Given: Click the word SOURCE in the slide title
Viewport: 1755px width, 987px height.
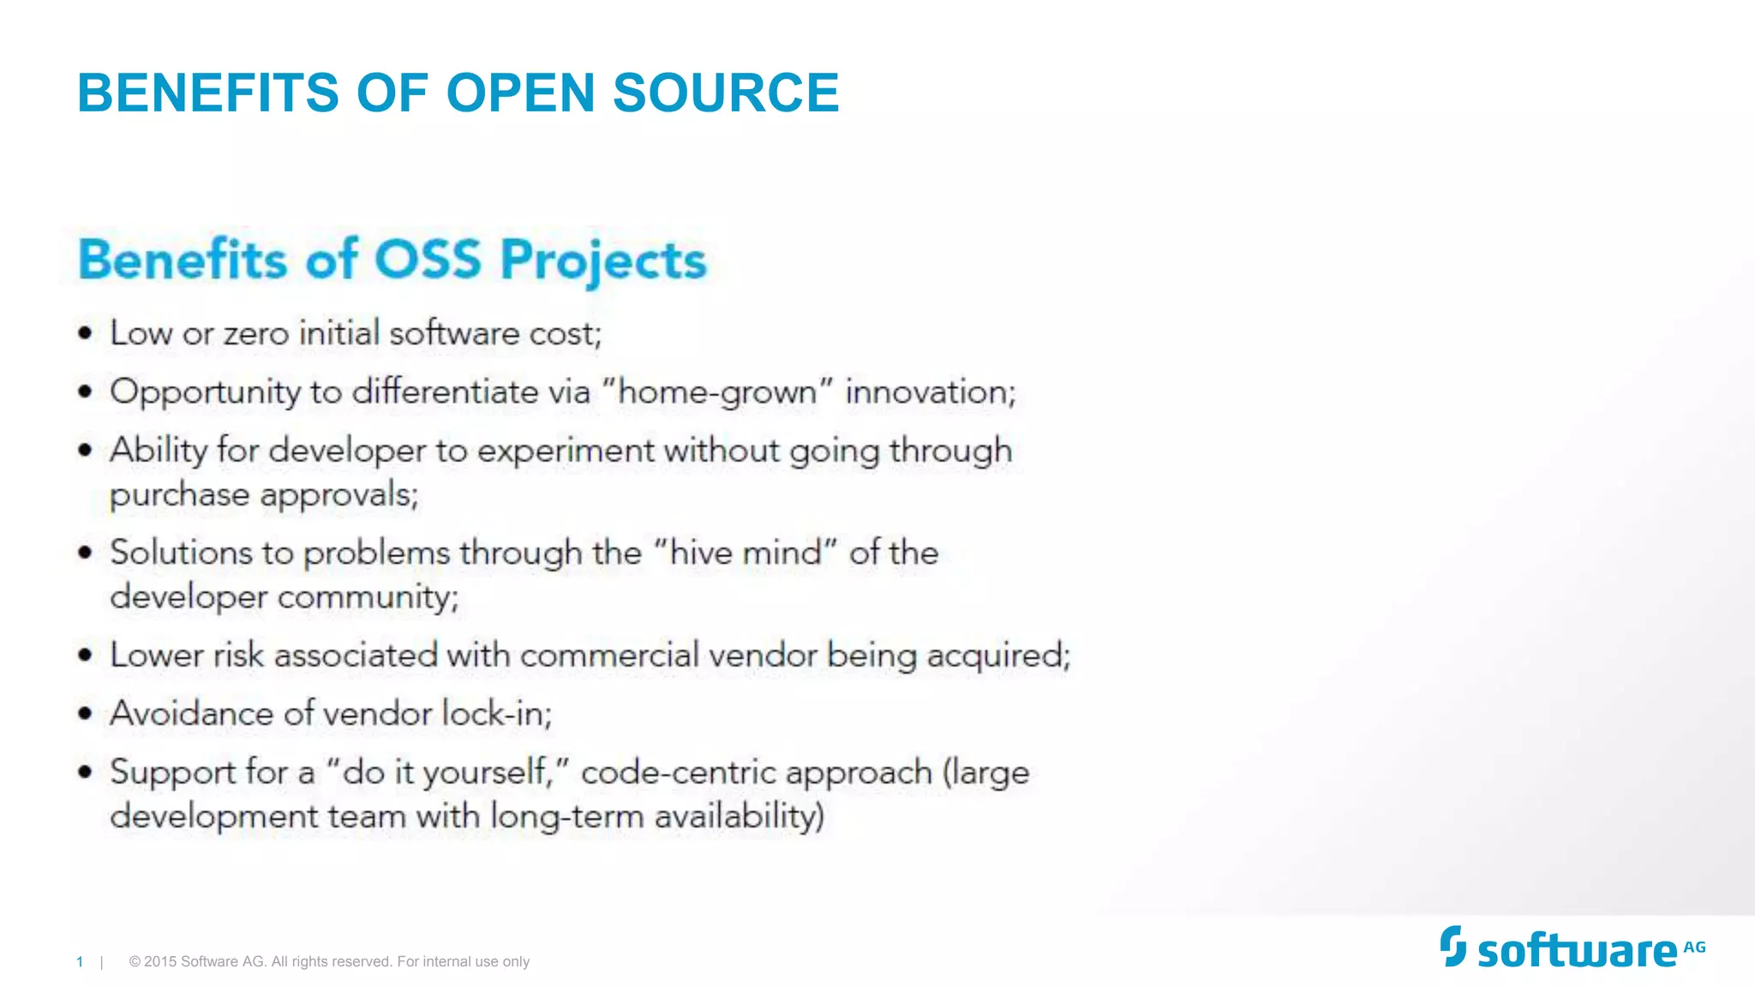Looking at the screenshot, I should coord(726,93).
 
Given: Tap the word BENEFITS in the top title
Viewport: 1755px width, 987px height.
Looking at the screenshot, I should coord(208,93).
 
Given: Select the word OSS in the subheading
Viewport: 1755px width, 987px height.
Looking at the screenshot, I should coord(428,259).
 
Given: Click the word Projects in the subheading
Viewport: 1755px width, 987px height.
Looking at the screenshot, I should coord(603,260).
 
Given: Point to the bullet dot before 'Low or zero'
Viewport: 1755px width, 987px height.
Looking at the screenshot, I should coord(85,333).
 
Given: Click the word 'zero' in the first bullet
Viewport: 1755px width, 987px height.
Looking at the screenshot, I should coord(256,333).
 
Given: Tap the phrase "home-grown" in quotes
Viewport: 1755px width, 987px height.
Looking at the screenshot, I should coord(717,392).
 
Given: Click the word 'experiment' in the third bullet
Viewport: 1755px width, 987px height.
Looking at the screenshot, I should coord(566,452).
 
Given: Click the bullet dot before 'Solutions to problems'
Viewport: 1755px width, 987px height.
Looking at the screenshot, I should coord(85,553).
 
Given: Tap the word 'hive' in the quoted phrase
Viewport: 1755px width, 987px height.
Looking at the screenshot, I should coord(702,553).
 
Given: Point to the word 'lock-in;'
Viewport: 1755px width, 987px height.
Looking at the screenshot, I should coord(497,714).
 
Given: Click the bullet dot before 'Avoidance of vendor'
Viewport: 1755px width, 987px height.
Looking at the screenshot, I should coord(85,714).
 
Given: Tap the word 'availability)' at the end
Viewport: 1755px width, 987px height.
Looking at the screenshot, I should coord(739,816).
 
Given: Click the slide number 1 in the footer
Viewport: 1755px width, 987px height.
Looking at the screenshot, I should coord(80,962).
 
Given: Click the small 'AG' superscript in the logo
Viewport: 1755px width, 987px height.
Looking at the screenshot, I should coord(1694,948).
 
